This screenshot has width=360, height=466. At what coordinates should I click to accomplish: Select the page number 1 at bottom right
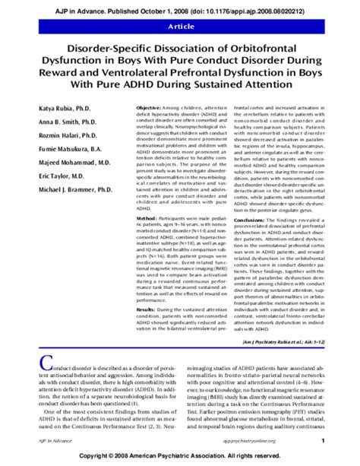pyautogui.click(x=323, y=440)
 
